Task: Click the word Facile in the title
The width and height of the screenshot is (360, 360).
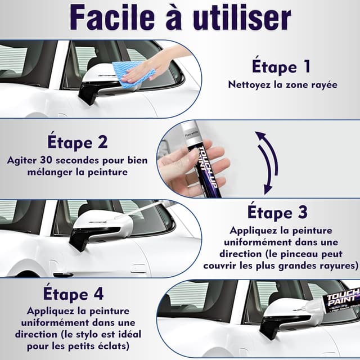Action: tap(112, 18)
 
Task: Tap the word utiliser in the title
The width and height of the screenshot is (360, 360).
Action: tap(242, 18)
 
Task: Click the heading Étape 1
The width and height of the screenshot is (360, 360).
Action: tap(281, 66)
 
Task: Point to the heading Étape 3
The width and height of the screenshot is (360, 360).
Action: tap(277, 212)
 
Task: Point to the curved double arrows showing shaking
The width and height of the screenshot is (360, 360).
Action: tap(268, 163)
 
